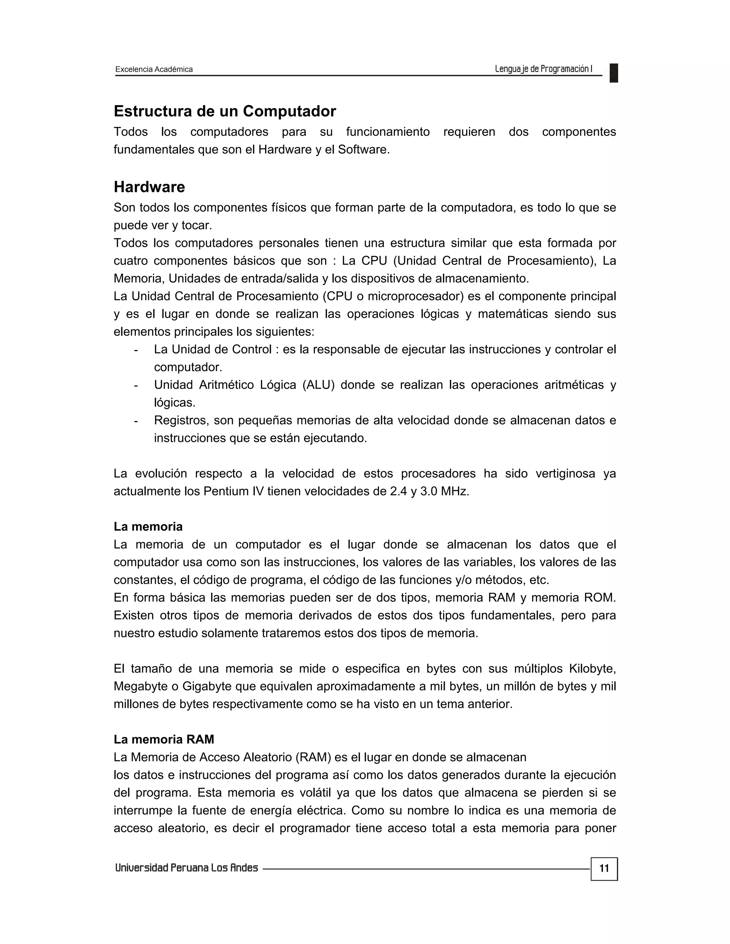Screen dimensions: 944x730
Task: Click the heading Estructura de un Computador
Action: (x=225, y=111)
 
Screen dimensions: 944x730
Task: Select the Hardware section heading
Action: (x=149, y=187)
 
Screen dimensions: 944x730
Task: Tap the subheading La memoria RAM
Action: (x=164, y=739)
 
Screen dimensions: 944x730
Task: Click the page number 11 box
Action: (x=604, y=868)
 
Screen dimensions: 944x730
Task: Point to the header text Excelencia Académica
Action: (x=154, y=69)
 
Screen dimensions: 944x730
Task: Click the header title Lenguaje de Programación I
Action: (x=543, y=69)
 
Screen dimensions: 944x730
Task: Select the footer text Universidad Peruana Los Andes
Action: (x=186, y=868)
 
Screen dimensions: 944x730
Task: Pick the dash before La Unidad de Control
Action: (x=136, y=350)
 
